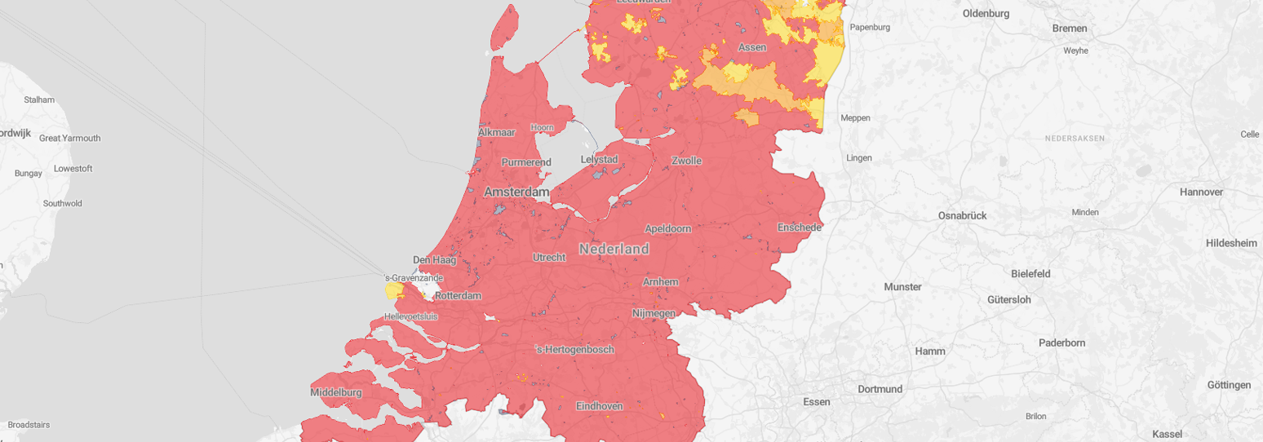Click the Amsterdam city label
516,192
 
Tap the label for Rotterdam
458,295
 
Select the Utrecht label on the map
548,258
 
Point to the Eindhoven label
599,406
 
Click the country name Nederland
614,249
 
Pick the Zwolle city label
686,161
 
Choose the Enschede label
800,227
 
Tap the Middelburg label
336,392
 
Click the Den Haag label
433,260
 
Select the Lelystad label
599,159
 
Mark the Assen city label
752,47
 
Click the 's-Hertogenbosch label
574,350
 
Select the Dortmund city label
880,389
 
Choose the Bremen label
1070,29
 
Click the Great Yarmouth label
70,138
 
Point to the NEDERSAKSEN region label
1075,139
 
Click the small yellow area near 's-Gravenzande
393,291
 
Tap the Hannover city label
1201,192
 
